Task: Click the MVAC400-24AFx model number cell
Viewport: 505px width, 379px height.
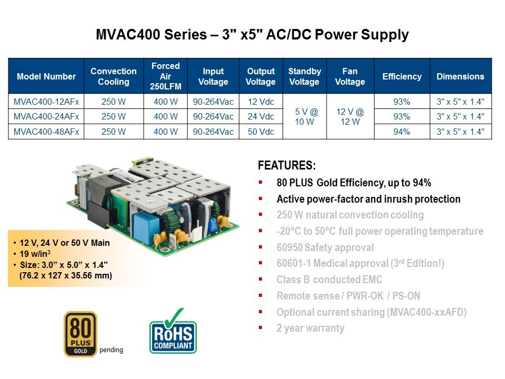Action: (x=46, y=116)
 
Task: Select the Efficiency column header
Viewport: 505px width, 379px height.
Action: (x=402, y=76)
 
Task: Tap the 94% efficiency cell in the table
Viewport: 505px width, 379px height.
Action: (x=402, y=132)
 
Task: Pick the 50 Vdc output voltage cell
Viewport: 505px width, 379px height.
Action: (x=261, y=132)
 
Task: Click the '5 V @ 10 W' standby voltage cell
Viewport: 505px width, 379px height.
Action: (x=305, y=117)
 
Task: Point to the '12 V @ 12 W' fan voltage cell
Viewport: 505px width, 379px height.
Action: (x=350, y=117)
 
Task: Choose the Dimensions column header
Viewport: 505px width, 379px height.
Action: (x=461, y=76)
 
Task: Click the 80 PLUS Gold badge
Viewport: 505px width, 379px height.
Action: (x=80, y=334)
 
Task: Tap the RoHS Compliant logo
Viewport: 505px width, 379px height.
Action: (x=173, y=332)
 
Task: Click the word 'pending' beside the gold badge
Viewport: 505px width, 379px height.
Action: (x=111, y=350)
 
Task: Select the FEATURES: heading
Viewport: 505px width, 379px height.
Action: (x=287, y=165)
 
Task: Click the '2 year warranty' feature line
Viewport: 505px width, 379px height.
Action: (x=310, y=328)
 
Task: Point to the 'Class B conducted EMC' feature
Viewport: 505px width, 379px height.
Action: (x=329, y=280)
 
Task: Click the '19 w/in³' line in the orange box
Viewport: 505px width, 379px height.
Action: (x=35, y=254)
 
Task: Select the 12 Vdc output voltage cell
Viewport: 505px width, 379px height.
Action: (x=261, y=102)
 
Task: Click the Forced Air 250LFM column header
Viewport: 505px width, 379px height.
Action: (x=166, y=76)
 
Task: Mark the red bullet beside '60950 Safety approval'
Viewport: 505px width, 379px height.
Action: (x=260, y=247)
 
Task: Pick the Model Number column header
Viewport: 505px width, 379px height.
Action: (x=46, y=76)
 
